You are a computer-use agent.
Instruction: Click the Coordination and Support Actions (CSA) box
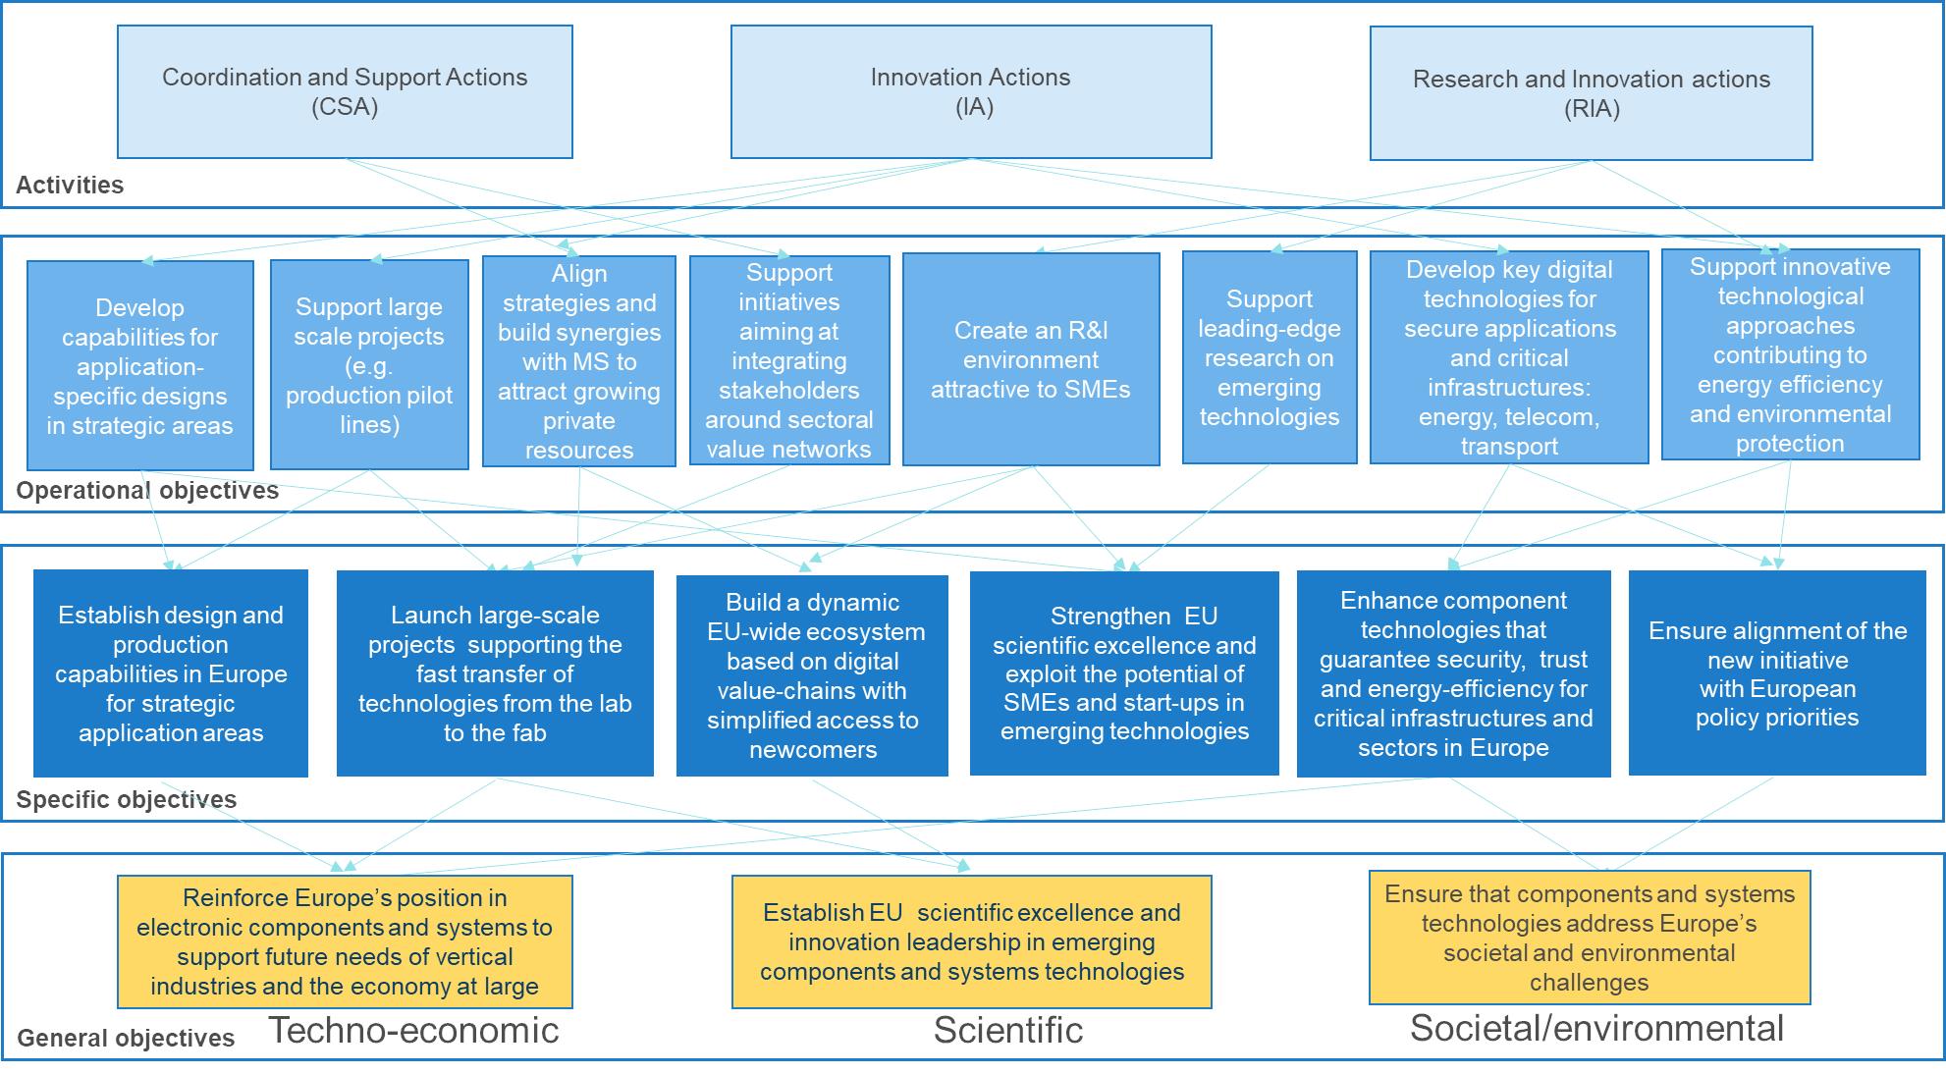[345, 91]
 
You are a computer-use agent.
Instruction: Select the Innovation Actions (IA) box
[971, 91]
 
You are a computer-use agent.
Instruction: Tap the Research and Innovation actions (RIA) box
[1591, 93]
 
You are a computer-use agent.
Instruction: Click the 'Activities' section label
[70, 185]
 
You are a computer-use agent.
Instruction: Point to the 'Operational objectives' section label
[147, 490]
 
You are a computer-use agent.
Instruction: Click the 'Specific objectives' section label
[127, 799]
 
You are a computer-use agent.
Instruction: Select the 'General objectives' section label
[126, 1038]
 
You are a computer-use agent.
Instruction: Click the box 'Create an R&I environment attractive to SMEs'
[1031, 359]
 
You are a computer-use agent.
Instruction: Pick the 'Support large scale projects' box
[369, 364]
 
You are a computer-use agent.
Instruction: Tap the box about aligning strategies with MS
[579, 361]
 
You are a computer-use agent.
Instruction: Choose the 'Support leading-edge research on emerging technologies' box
[1270, 357]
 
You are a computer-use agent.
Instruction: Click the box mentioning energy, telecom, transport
[1509, 357]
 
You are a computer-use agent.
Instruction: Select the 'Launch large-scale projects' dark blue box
[495, 673]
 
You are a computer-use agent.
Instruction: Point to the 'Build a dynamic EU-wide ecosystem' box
[812, 675]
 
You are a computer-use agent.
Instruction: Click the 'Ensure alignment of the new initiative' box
[1777, 673]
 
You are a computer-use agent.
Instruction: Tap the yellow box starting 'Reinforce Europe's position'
[345, 941]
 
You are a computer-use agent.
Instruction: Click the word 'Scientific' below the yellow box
[1008, 1030]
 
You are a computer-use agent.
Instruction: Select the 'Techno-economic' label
[413, 1030]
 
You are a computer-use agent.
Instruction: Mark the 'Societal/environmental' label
[1596, 1028]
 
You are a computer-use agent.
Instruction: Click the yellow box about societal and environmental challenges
[1590, 938]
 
